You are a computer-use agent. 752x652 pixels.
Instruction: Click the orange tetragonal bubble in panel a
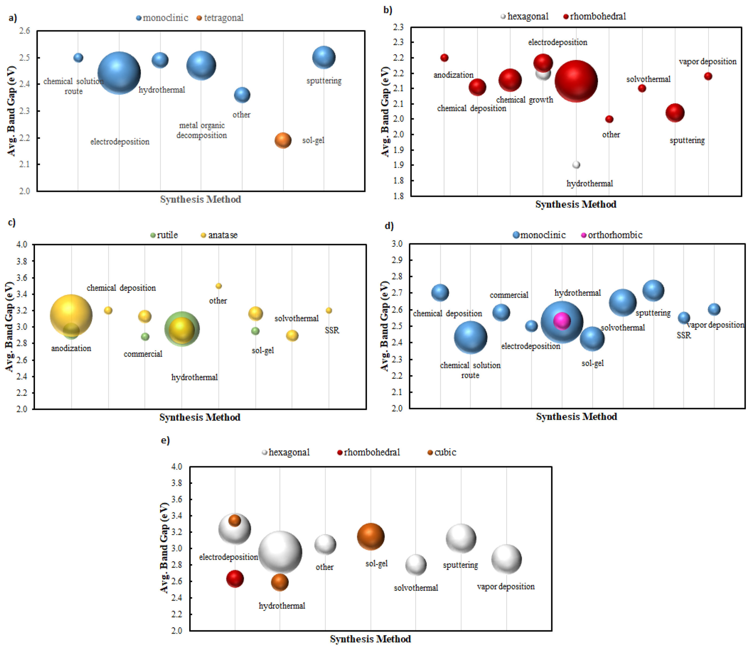(x=283, y=140)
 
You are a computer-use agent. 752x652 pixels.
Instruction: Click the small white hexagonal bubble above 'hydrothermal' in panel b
(x=576, y=165)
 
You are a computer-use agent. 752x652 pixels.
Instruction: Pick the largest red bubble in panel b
(x=576, y=81)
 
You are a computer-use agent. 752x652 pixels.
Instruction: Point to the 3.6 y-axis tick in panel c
(x=22, y=278)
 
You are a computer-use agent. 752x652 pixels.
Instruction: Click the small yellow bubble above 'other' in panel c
(x=219, y=286)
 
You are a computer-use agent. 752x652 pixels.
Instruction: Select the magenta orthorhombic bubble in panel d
(x=562, y=321)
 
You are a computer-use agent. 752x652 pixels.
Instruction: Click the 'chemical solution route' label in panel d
(x=470, y=370)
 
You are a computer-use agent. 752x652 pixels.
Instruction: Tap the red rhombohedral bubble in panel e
(x=235, y=579)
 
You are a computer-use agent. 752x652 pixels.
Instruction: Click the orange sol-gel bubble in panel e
(x=370, y=536)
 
